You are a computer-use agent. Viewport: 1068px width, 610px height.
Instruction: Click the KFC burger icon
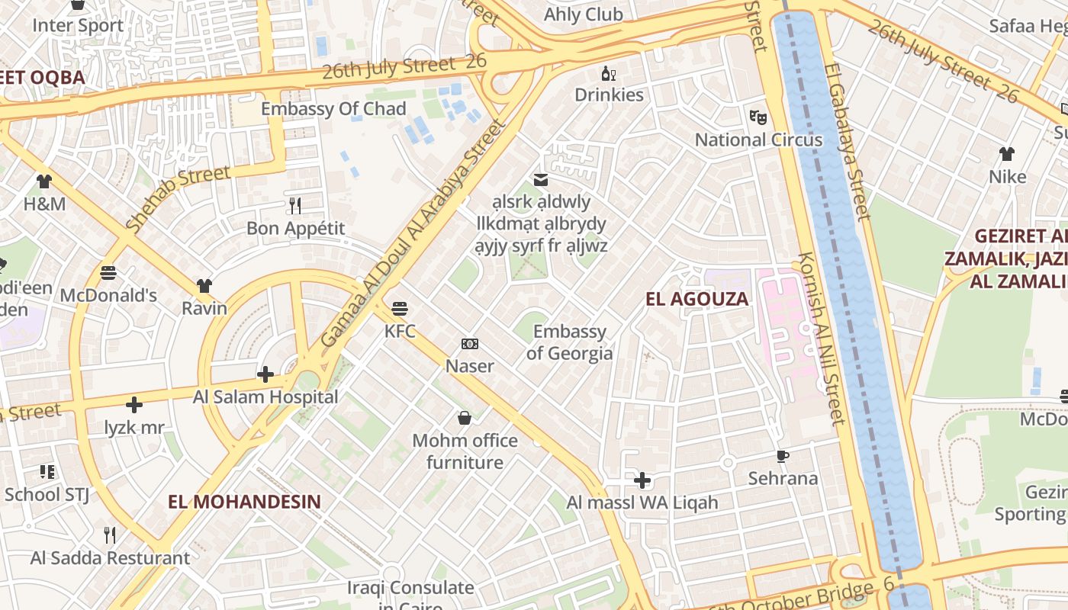click(x=400, y=309)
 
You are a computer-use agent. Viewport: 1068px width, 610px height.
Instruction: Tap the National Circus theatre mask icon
click(x=758, y=117)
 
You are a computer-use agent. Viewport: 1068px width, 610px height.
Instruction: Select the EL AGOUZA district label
click(x=696, y=299)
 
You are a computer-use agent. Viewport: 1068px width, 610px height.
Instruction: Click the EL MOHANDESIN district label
click(x=244, y=502)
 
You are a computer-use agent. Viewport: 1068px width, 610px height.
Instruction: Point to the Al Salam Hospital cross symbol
click(x=265, y=374)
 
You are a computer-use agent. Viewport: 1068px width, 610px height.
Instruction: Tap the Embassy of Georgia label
click(x=569, y=342)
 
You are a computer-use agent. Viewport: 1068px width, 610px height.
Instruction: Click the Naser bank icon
click(x=470, y=344)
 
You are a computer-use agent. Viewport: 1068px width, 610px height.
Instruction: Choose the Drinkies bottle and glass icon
click(x=609, y=73)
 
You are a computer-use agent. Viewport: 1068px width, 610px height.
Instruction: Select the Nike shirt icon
click(x=1007, y=154)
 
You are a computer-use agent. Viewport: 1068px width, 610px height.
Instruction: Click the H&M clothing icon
click(x=44, y=181)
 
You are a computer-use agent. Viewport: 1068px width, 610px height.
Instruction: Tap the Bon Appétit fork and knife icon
click(x=295, y=205)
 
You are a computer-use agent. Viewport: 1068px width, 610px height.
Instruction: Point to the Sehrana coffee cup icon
click(x=782, y=456)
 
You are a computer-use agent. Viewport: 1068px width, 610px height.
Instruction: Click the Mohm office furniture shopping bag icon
click(x=464, y=418)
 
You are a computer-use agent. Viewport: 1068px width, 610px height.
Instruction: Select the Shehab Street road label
click(x=178, y=198)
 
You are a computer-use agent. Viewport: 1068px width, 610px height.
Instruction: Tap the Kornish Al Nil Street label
click(x=822, y=338)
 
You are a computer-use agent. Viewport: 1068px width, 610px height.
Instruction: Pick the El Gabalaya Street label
click(x=846, y=141)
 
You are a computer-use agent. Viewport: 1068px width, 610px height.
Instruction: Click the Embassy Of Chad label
click(x=333, y=109)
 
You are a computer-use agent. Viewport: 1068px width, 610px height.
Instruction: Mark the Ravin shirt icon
click(x=204, y=286)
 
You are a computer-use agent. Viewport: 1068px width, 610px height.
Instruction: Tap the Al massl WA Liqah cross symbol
click(x=642, y=480)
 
